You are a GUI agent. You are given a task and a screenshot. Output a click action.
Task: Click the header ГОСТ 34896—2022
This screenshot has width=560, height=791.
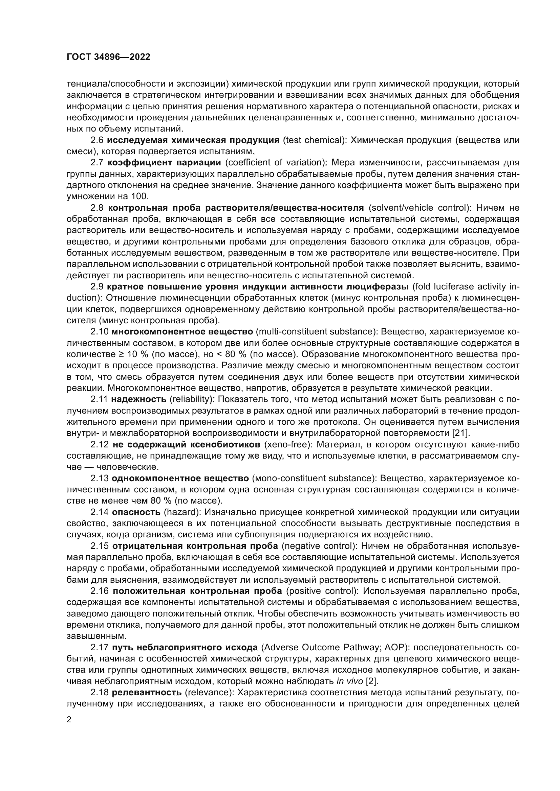[x=108, y=57]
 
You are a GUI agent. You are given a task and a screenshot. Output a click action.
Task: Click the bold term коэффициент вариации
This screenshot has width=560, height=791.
[x=164, y=163]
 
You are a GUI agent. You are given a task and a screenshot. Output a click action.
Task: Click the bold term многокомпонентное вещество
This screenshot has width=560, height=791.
[x=182, y=332]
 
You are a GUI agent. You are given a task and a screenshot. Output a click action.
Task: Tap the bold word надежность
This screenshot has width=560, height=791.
[x=138, y=399]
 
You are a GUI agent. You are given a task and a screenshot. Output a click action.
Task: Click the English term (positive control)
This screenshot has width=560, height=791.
[x=322, y=591]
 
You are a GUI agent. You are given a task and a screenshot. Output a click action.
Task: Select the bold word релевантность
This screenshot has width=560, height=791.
[x=147, y=693]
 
